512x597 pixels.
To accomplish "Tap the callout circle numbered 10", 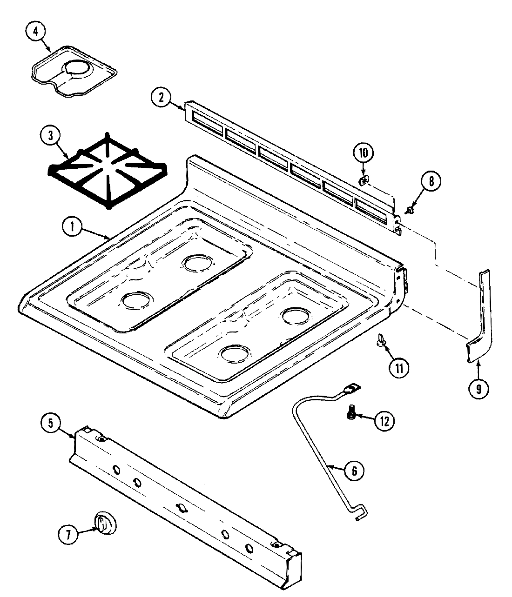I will click(x=364, y=153).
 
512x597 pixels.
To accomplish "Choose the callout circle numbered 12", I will click(x=384, y=421).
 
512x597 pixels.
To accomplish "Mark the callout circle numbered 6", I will click(x=354, y=471).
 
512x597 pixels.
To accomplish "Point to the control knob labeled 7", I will click(x=106, y=524).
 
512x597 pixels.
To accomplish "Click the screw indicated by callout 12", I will click(x=352, y=412).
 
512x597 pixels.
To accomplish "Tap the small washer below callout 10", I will click(x=363, y=179).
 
